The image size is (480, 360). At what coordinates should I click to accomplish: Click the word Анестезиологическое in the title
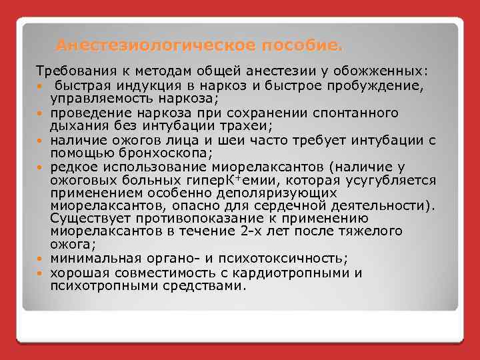[140, 46]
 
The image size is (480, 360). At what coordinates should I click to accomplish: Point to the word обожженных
[388, 71]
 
